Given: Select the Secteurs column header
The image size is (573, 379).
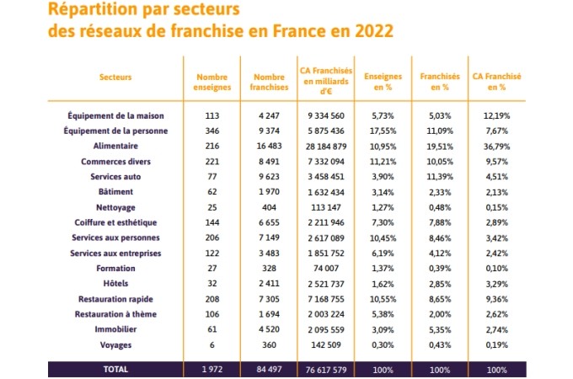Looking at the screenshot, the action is [x=115, y=77].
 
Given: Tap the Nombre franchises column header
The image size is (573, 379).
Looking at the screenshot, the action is [x=269, y=83].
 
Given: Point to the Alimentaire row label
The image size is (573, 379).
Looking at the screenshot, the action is [x=115, y=146].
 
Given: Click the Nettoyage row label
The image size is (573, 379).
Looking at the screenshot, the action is [x=115, y=207].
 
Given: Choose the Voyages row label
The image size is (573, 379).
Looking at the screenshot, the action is [x=115, y=345].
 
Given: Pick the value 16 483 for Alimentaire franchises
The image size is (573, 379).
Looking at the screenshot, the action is [x=269, y=146].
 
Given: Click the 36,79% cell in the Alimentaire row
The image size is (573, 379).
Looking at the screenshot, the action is [x=496, y=147].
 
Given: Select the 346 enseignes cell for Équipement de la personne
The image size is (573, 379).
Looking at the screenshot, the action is [x=212, y=131].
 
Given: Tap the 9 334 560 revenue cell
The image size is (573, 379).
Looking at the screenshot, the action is [x=326, y=115].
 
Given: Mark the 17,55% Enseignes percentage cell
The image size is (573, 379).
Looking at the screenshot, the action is [x=383, y=131].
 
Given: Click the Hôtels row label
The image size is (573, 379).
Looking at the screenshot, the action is [x=115, y=283].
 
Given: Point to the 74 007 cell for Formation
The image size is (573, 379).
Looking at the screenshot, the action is [x=326, y=269].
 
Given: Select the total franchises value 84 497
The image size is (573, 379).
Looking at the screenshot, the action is [x=269, y=370].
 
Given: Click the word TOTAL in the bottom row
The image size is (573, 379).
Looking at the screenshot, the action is [x=115, y=370].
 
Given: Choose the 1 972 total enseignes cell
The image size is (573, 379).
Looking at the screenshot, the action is [x=212, y=370].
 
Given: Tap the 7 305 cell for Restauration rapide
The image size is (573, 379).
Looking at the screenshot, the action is [x=269, y=299].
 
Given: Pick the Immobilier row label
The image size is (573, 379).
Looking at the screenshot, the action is [x=115, y=329].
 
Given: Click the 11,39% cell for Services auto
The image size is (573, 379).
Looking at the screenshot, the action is [x=440, y=177].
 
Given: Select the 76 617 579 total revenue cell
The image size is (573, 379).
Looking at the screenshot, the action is [x=326, y=370].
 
